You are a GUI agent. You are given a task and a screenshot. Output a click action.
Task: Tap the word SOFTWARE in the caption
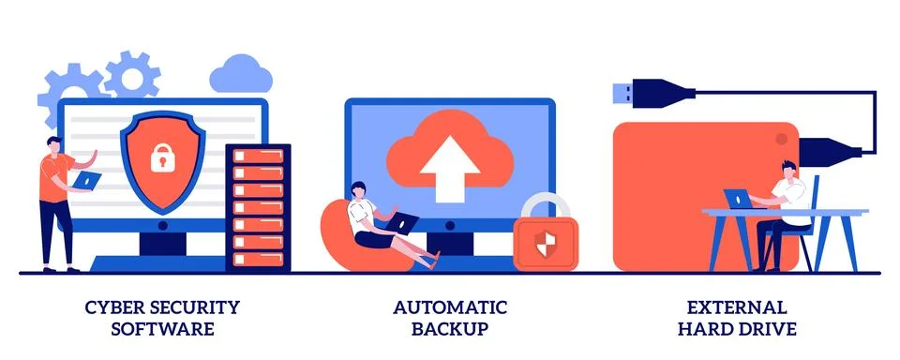coord(162,329)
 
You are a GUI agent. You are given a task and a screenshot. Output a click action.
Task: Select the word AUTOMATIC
coord(450,307)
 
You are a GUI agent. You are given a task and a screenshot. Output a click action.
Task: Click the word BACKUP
coord(450,329)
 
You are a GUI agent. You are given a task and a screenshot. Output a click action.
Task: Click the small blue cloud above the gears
coord(233,71)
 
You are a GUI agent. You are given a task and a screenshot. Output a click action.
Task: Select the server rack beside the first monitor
coord(258,206)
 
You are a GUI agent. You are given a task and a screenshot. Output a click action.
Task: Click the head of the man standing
coord(55,144)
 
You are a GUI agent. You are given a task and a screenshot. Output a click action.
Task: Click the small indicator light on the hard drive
coord(777,139)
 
